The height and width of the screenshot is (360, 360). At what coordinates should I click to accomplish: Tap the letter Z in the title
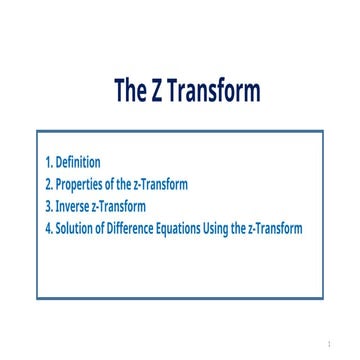tap(157, 92)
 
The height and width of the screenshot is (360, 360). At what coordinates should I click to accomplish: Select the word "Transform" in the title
tap(213, 92)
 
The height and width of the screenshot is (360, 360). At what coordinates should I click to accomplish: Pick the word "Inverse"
tap(74, 206)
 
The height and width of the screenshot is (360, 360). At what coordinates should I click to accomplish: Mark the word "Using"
tap(226, 228)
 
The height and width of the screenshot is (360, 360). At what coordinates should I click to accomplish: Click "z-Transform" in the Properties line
tap(161, 184)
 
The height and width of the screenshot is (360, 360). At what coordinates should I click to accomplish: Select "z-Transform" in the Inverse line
tap(120, 206)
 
